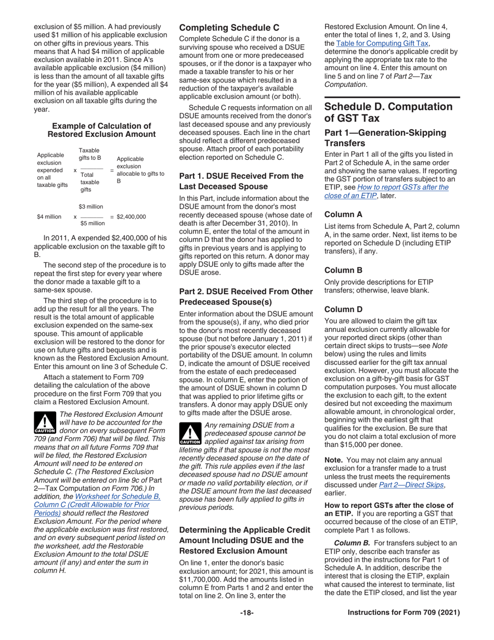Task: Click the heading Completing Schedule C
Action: click(229, 27)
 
